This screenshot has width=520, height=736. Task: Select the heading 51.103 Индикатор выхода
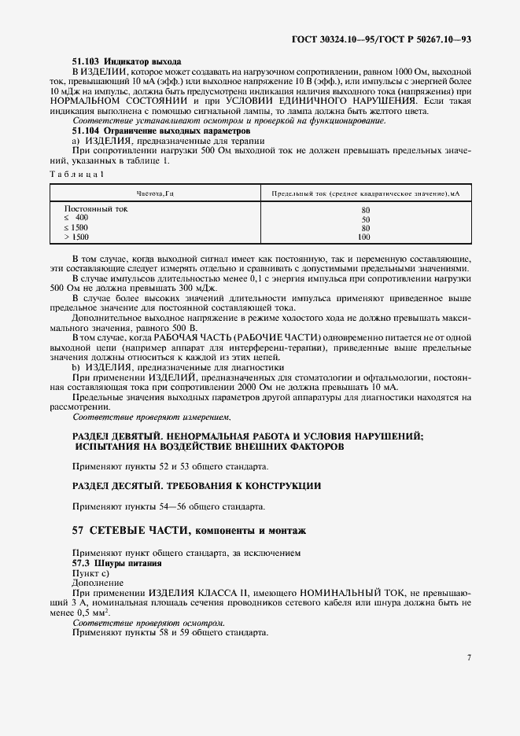[x=127, y=61]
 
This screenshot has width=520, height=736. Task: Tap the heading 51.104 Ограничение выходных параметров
[x=161, y=131]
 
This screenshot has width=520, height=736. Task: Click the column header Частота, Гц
[x=154, y=193]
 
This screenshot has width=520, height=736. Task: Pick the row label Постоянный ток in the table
[x=95, y=209]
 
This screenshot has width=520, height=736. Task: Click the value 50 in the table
[x=365, y=219]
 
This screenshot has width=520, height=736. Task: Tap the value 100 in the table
[x=364, y=236]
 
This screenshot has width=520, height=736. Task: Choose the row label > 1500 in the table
[x=76, y=236]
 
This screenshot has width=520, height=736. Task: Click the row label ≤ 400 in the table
[x=76, y=218]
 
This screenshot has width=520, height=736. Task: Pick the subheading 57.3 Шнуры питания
[x=117, y=564]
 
